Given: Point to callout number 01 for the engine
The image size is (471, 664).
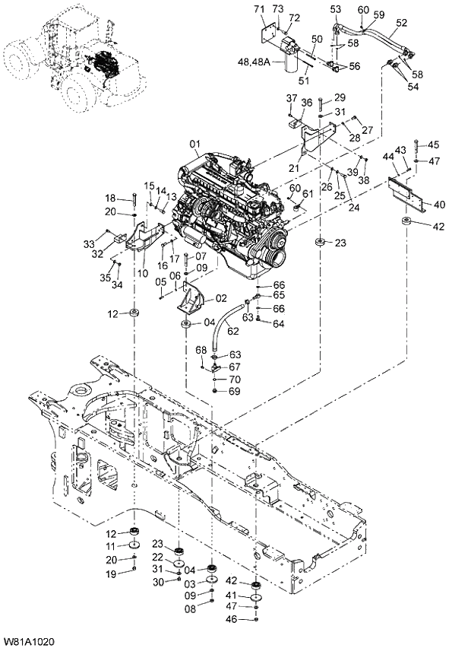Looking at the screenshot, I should (x=194, y=143).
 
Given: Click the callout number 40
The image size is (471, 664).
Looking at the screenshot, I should (x=439, y=204).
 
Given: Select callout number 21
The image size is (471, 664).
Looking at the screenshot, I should (x=293, y=167).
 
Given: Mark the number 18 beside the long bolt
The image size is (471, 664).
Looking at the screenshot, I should (x=110, y=198).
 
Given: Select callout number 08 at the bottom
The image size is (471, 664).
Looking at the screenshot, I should (x=190, y=609).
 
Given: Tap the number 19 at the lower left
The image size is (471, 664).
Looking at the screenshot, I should (x=110, y=574).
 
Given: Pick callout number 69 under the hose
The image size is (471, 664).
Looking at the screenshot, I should (x=234, y=391).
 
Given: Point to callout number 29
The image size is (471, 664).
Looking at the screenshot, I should (x=340, y=97).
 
